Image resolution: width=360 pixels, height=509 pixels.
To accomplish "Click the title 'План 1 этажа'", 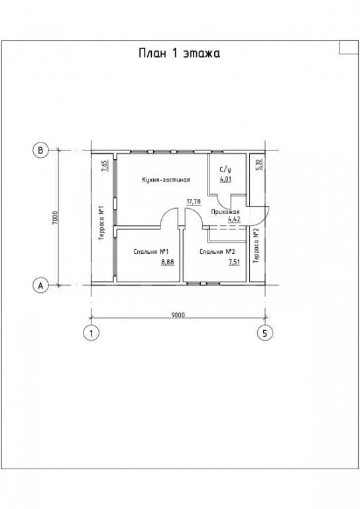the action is coord(179,53).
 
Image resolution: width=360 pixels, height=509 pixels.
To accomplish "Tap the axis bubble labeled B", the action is coord(40,150).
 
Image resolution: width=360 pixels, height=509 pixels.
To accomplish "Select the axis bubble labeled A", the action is coord(40,286).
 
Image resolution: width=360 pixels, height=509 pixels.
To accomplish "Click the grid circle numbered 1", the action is coord(91,333).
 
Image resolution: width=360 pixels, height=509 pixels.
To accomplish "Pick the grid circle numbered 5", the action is coord(265,333).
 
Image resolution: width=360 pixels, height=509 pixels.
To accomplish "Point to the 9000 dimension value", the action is coord(178,315).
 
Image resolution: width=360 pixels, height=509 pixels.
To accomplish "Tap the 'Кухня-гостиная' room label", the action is coord(166,180).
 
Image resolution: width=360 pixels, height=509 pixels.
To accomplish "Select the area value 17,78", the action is coord(194,201).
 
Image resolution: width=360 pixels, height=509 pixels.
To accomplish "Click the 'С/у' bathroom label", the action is coord(225,170).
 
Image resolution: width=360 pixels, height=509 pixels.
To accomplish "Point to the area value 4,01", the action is coord(225,179).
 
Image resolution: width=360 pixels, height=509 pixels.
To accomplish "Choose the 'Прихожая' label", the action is coord(225,212).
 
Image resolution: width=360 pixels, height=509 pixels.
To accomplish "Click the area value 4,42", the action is coord(234,219).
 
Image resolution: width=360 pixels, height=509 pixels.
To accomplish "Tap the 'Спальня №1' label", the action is coord(150,252).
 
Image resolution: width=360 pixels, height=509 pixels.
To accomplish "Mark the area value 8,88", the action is coord(168,262).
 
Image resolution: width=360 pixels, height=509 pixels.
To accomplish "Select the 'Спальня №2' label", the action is coord(217,252).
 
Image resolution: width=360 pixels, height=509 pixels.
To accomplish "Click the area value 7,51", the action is coord(234,262).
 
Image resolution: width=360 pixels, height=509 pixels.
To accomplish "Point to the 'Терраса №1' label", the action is coord(101,223).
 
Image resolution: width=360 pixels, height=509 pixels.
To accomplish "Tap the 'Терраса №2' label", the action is coord(256,246).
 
